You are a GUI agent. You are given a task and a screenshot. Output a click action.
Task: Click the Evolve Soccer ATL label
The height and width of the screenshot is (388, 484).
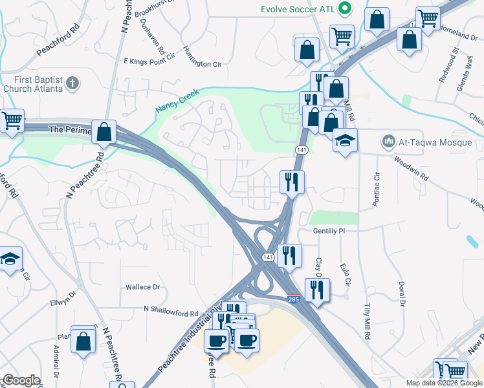pyautogui.click(x=298, y=9)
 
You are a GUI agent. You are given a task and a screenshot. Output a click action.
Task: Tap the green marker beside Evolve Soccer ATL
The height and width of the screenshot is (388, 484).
pyautogui.click(x=346, y=9)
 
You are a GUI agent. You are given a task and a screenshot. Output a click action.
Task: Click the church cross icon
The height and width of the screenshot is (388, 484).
pyautogui.click(x=73, y=83)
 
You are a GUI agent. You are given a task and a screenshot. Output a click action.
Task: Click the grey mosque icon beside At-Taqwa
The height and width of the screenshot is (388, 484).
pyautogui.click(x=388, y=140)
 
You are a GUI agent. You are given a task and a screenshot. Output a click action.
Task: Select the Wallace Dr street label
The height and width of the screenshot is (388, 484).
pyautogui.click(x=142, y=286)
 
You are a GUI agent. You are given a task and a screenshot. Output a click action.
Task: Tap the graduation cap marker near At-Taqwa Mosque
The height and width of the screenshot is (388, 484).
pyautogui.click(x=346, y=140)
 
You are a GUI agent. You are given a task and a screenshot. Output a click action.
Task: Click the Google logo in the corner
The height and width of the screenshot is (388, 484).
pyautogui.click(x=21, y=380)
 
